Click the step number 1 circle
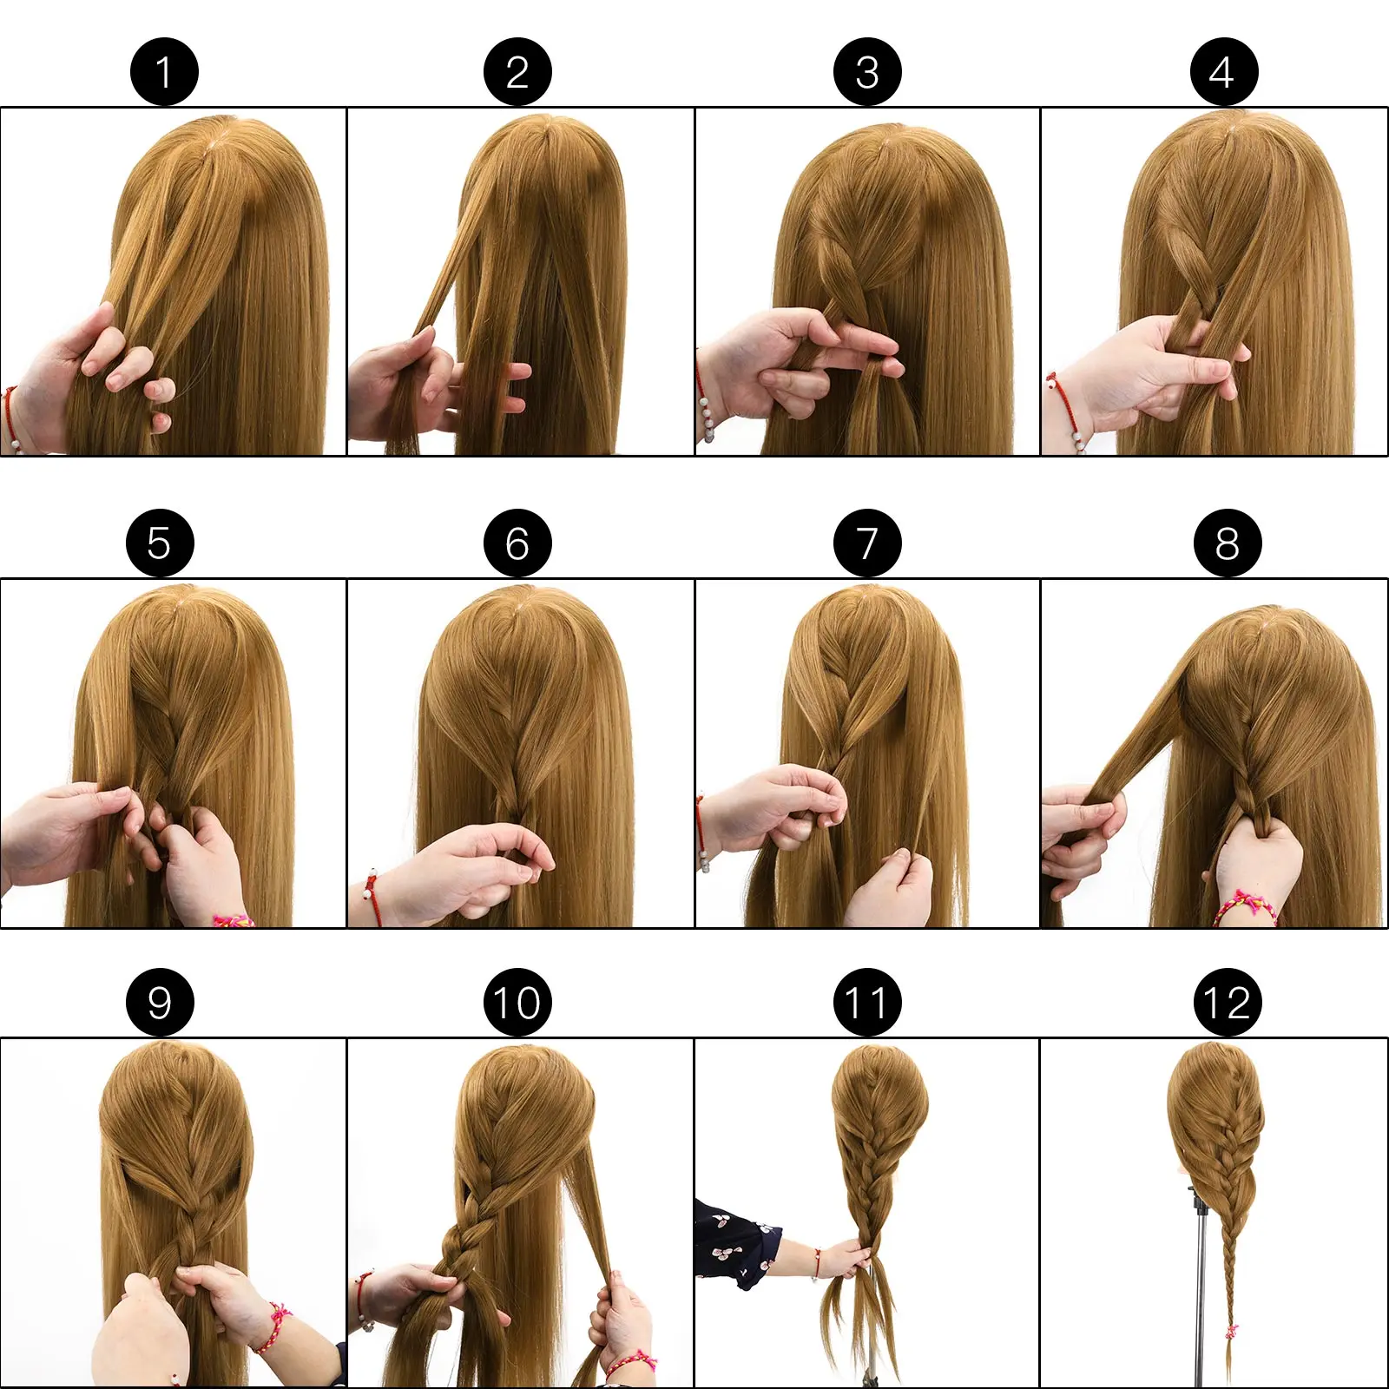pos(164,72)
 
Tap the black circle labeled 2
pos(517,72)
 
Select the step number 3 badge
pos(867,72)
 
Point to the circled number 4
pos(1223,72)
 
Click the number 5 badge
pos(160,543)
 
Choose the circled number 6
pos(517,543)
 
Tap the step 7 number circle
pos(867,543)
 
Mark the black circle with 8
pos(1227,543)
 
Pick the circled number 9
pos(160,1002)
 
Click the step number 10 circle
pos(517,1002)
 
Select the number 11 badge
pos(867,1002)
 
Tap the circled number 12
pos(1227,1002)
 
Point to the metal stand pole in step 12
pos(1202,1285)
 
